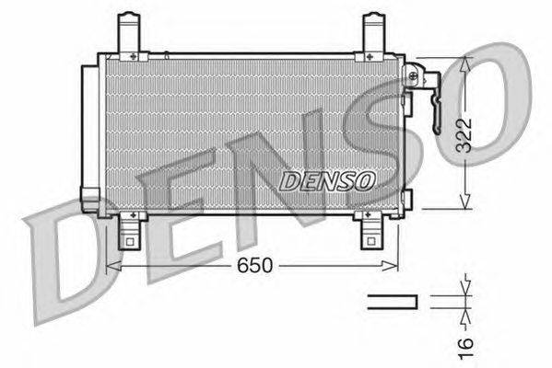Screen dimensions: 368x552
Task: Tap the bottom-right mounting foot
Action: (370, 233)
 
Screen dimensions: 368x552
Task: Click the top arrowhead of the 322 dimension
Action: (467, 63)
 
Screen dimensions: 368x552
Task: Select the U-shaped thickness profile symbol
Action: (393, 301)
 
